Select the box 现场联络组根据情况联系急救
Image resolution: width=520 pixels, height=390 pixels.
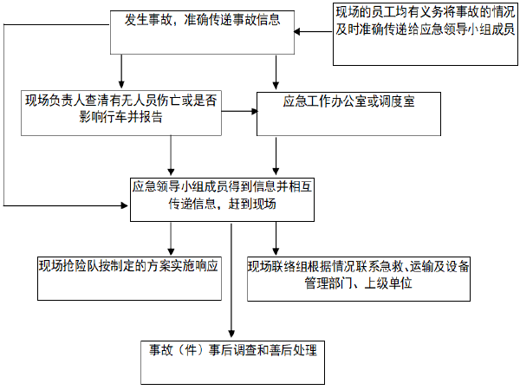click(359, 277)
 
